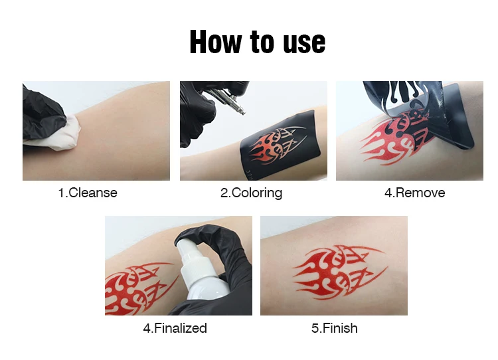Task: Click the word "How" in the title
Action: pos(215,42)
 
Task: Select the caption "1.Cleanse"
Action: pos(88,193)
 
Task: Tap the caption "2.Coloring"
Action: pos(251,193)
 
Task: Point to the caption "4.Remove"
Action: pos(414,193)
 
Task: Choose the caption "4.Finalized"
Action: pos(175,328)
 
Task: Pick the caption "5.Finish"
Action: pos(335,328)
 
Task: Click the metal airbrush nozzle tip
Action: pos(242,111)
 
